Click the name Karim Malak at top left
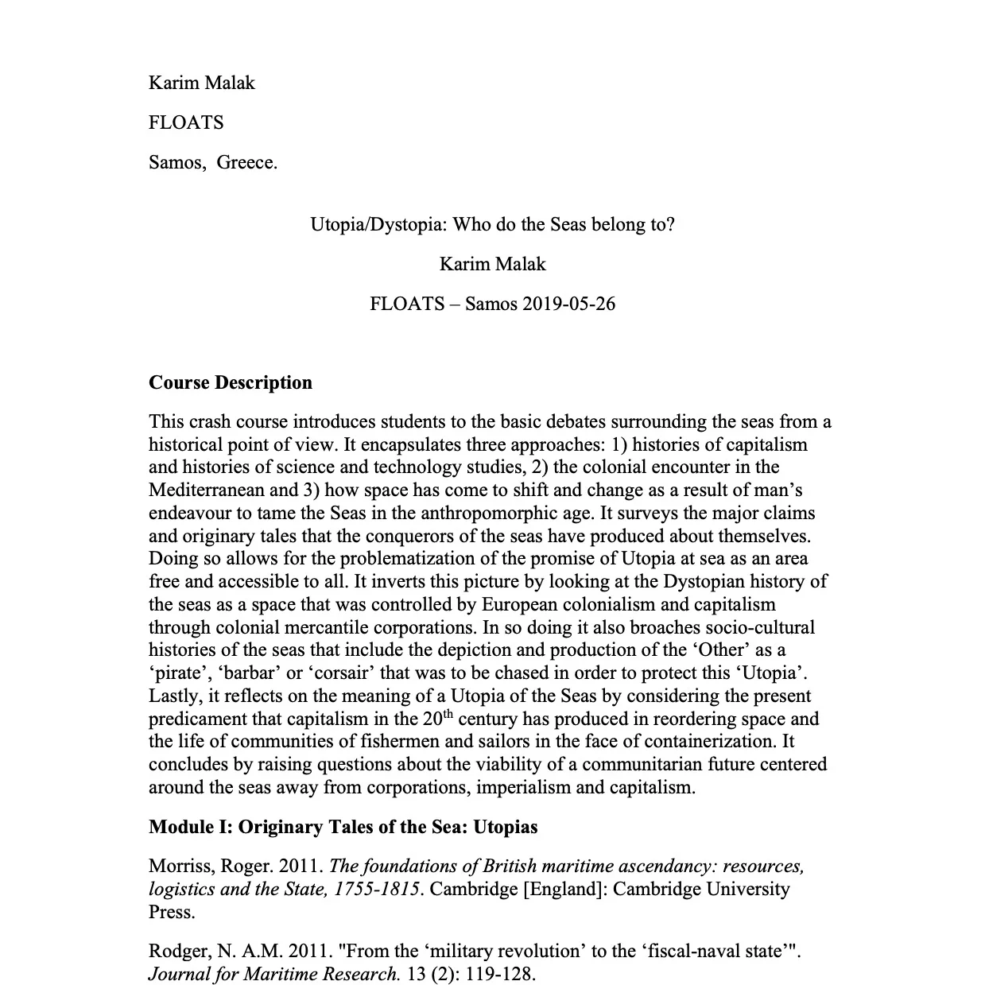coord(201,83)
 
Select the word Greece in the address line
coord(246,163)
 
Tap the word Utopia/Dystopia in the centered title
coord(378,224)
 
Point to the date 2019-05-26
coord(569,304)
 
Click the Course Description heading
coord(231,382)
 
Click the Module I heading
coord(343,827)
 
